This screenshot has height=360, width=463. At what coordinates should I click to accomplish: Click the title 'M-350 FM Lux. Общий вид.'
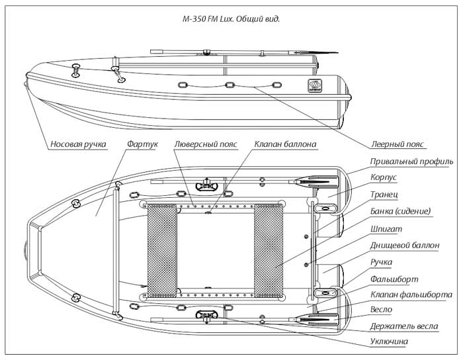click(x=232, y=19)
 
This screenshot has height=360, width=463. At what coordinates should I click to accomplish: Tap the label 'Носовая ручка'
click(x=78, y=144)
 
